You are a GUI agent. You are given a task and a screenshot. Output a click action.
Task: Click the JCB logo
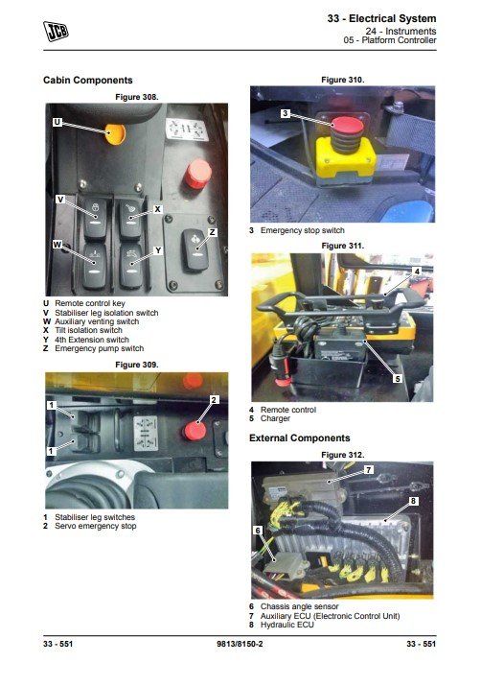pos(56,31)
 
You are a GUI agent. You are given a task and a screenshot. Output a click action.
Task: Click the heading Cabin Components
pos(88,80)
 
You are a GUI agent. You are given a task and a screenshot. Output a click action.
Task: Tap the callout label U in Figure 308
pos(57,122)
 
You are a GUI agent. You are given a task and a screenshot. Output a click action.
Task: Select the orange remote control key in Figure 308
pos(116,134)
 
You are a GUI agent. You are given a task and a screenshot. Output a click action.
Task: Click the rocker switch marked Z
pos(195,250)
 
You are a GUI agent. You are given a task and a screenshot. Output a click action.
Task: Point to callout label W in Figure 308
pos(57,245)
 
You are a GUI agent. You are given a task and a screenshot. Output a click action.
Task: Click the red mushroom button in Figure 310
pos(347,126)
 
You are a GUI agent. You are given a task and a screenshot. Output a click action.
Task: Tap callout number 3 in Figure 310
pos(285,113)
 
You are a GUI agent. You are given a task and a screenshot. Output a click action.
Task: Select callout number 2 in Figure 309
pos(214,400)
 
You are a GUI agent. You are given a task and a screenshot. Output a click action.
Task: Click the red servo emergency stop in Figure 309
pos(195,431)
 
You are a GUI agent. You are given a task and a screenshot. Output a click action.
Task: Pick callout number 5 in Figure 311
pos(397,378)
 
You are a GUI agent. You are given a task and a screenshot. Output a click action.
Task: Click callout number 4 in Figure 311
pos(417,272)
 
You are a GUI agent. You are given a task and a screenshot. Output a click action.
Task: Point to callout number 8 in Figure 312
pos(413,501)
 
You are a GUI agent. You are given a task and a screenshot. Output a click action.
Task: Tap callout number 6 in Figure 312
pos(258,531)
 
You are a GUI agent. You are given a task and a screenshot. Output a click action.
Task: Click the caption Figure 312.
pos(342,455)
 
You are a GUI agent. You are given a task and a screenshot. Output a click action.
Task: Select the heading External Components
pos(300,438)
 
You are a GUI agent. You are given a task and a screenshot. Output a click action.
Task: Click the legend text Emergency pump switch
pos(100,348)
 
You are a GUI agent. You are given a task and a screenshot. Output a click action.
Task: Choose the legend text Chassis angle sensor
pos(299,606)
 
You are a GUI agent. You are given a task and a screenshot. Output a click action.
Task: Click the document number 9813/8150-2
pos(240,644)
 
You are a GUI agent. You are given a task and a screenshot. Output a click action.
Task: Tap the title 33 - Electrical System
pos(381,18)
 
